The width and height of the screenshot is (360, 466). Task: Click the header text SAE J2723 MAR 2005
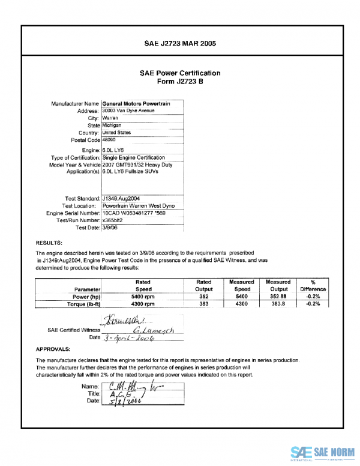click(x=180, y=44)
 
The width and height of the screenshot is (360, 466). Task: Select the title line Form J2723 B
click(x=180, y=81)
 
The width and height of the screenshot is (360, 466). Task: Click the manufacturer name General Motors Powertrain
click(x=136, y=104)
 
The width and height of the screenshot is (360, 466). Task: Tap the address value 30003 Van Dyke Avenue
click(x=128, y=111)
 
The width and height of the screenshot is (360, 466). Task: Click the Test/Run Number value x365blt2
click(x=113, y=220)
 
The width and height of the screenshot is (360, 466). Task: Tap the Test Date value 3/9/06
click(x=110, y=228)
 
